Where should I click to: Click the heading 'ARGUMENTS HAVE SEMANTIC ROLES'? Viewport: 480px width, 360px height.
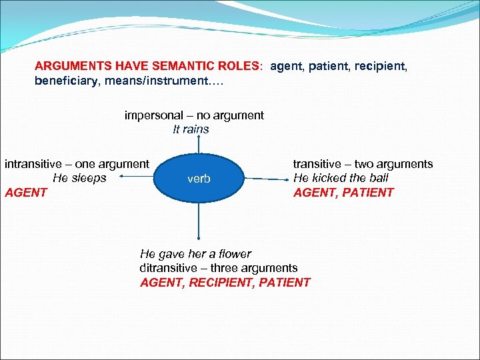(x=149, y=67)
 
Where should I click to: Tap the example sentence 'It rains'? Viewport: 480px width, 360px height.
(x=191, y=129)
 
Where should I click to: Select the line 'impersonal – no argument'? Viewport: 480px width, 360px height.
(x=194, y=115)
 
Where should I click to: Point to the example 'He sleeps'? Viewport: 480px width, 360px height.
(x=79, y=178)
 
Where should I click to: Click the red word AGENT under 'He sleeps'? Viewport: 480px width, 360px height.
(x=26, y=193)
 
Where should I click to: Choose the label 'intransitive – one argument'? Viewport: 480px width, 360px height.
(x=77, y=164)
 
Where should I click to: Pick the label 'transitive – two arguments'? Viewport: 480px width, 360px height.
(x=363, y=164)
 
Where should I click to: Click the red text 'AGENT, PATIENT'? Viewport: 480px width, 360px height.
(x=343, y=193)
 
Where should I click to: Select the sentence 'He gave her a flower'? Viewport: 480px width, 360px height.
(x=195, y=254)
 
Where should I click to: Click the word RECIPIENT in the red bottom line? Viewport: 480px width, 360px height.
(x=219, y=282)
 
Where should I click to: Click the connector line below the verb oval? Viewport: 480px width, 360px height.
(x=198, y=220)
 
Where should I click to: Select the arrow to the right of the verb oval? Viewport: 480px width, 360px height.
(x=267, y=179)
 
